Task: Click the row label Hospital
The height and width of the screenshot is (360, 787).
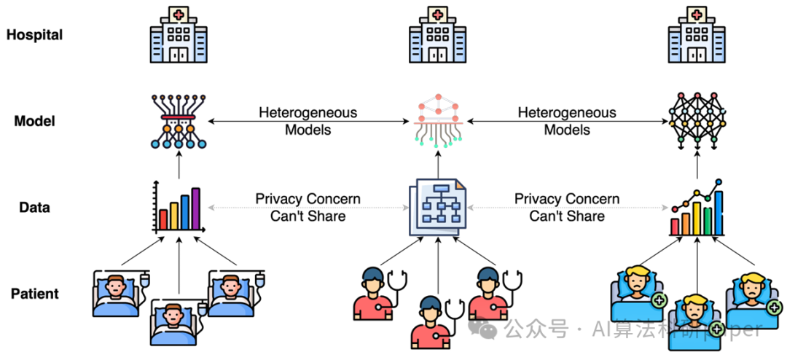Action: pyautogui.click(x=34, y=35)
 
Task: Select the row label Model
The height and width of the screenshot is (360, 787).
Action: pyautogui.click(x=34, y=121)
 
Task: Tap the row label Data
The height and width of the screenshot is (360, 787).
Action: pyautogui.click(x=34, y=208)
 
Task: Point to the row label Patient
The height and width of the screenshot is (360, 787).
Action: pyautogui.click(x=34, y=294)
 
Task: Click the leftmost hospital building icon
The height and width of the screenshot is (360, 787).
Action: pyautogui.click(x=179, y=36)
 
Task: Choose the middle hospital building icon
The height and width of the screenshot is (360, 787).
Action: pyautogui.click(x=437, y=36)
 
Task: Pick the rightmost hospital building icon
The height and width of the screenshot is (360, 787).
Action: pyautogui.click(x=697, y=36)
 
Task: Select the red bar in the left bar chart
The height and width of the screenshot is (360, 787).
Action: pyautogui.click(x=163, y=219)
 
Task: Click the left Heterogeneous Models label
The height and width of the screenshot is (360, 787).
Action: pyautogui.click(x=308, y=121)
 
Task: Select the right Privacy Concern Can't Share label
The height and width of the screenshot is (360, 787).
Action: pyautogui.click(x=567, y=208)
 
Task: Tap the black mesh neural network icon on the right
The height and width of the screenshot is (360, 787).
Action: pyautogui.click(x=697, y=120)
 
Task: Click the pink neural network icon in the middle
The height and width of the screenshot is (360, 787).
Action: pyautogui.click(x=437, y=120)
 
